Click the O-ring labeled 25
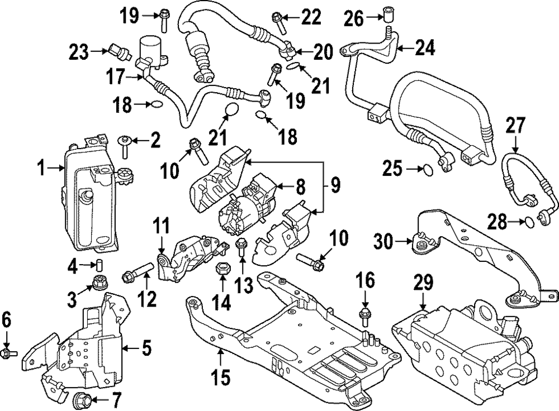(426, 168)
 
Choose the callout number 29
(423, 283)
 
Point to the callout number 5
(146, 350)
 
